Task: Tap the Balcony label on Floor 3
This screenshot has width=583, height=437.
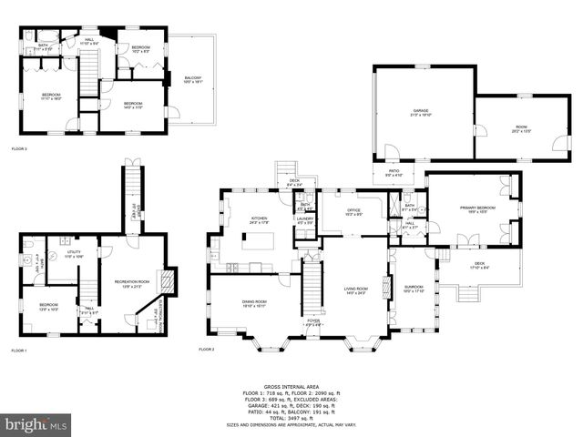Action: click(x=192, y=81)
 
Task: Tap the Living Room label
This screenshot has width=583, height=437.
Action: click(x=355, y=291)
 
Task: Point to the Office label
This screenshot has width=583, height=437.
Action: click(x=353, y=212)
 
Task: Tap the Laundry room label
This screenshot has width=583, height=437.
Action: click(x=305, y=220)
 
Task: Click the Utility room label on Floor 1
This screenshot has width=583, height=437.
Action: click(x=74, y=256)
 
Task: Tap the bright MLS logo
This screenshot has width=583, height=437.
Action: click(x=36, y=424)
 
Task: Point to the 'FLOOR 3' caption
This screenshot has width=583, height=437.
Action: click(x=19, y=148)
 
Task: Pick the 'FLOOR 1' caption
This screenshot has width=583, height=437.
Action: click(x=19, y=351)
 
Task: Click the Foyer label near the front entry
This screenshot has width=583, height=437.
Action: click(x=312, y=320)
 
